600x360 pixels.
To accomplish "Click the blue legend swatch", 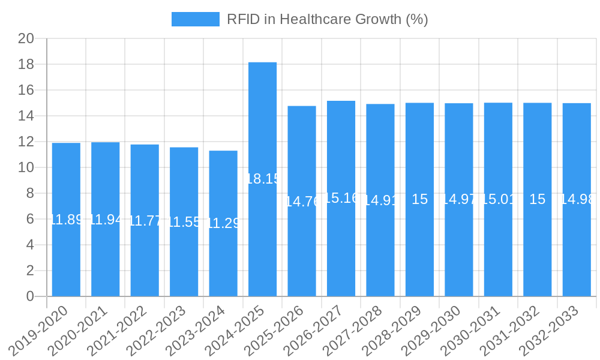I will click(196, 19).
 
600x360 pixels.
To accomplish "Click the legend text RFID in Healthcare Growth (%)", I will click(327, 19).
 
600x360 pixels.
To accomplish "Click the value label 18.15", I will click(263, 179).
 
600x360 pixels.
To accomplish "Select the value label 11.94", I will click(106, 220).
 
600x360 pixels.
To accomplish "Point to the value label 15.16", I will click(341, 198).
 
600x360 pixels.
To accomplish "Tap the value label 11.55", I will click(184, 222).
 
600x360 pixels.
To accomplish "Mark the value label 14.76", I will click(302, 202).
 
